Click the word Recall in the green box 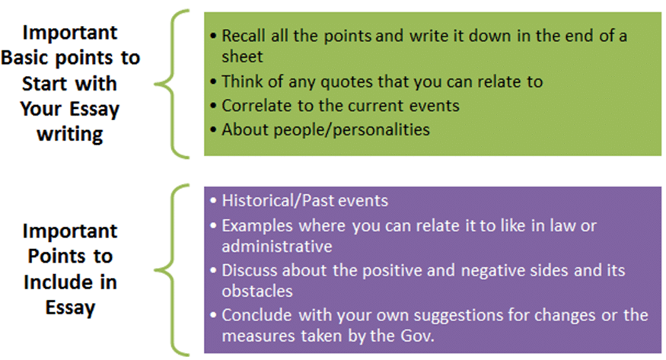(244, 36)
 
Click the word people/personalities (351, 130)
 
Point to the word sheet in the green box (242, 57)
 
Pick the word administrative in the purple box (277, 247)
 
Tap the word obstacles (257, 292)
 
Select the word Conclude (257, 315)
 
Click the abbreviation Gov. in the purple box (416, 336)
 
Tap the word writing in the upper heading (70, 135)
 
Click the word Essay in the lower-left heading (71, 308)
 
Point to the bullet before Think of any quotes (214, 82)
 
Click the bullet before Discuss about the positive (214, 270)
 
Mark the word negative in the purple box (492, 271)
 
